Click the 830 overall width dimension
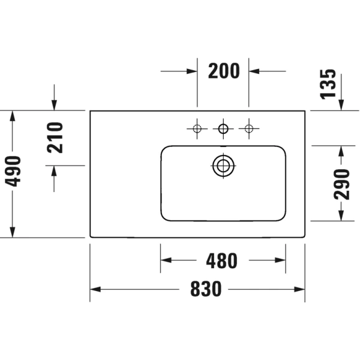(206, 289)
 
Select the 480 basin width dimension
(221, 261)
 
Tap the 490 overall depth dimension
(13, 171)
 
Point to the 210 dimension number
(55, 137)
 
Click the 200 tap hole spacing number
(224, 71)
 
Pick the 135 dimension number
(328, 84)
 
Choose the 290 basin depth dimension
(341, 184)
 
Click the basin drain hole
(223, 166)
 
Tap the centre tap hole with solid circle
(223, 128)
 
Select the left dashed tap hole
(197, 128)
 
